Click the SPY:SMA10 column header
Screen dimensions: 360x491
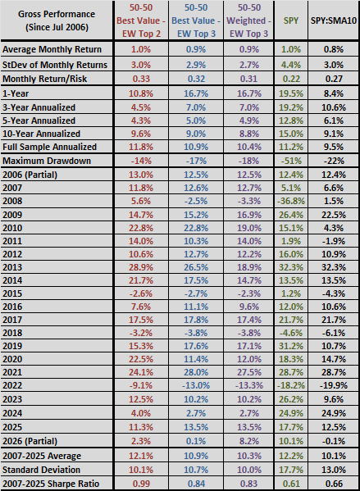[334, 20]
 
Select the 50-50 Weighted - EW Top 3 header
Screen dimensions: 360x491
[248, 20]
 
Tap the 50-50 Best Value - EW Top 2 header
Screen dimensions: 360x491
[141, 20]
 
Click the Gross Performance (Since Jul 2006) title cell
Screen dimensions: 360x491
[57, 20]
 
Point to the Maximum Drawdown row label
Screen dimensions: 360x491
[47, 161]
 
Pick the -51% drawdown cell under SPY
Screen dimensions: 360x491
[291, 161]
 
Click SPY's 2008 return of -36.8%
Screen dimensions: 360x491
[291, 201]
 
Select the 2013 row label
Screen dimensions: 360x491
[12, 267]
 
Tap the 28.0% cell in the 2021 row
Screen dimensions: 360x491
[196, 372]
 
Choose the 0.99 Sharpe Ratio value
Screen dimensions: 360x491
[141, 484]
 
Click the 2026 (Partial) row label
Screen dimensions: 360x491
[30, 441]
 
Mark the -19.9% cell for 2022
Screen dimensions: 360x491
[334, 385]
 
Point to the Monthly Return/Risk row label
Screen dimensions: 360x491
[44, 79]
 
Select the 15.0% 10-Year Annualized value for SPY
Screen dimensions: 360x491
[291, 134]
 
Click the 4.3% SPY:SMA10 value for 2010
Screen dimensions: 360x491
[334, 228]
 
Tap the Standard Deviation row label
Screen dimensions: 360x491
[41, 470]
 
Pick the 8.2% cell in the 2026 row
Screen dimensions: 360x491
[248, 441]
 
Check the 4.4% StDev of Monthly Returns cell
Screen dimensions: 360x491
[291, 65]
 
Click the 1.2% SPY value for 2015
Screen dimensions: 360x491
[291, 293]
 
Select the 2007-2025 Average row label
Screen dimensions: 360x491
[42, 457]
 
